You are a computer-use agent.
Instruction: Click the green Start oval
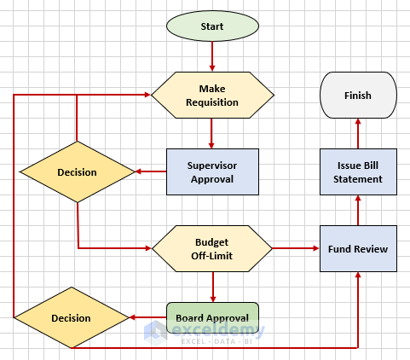tap(212, 26)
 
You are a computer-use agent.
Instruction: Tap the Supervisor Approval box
tap(211, 172)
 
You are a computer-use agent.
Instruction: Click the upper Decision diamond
tap(77, 172)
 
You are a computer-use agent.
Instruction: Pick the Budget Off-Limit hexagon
tap(212, 248)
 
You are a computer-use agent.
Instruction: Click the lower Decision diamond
tap(71, 318)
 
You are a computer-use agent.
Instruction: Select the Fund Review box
tap(358, 248)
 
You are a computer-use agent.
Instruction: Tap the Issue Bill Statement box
tap(358, 172)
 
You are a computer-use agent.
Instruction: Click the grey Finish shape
tap(358, 96)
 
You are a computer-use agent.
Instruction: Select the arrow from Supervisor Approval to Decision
tap(150, 172)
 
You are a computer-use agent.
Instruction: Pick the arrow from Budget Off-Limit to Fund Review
tap(296, 248)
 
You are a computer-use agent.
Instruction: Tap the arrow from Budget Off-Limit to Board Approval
tap(212, 286)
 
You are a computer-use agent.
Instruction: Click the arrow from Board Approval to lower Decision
tap(147, 318)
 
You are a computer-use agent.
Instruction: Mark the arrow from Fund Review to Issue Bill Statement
tap(358, 211)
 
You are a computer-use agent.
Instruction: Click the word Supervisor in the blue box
tap(211, 165)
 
